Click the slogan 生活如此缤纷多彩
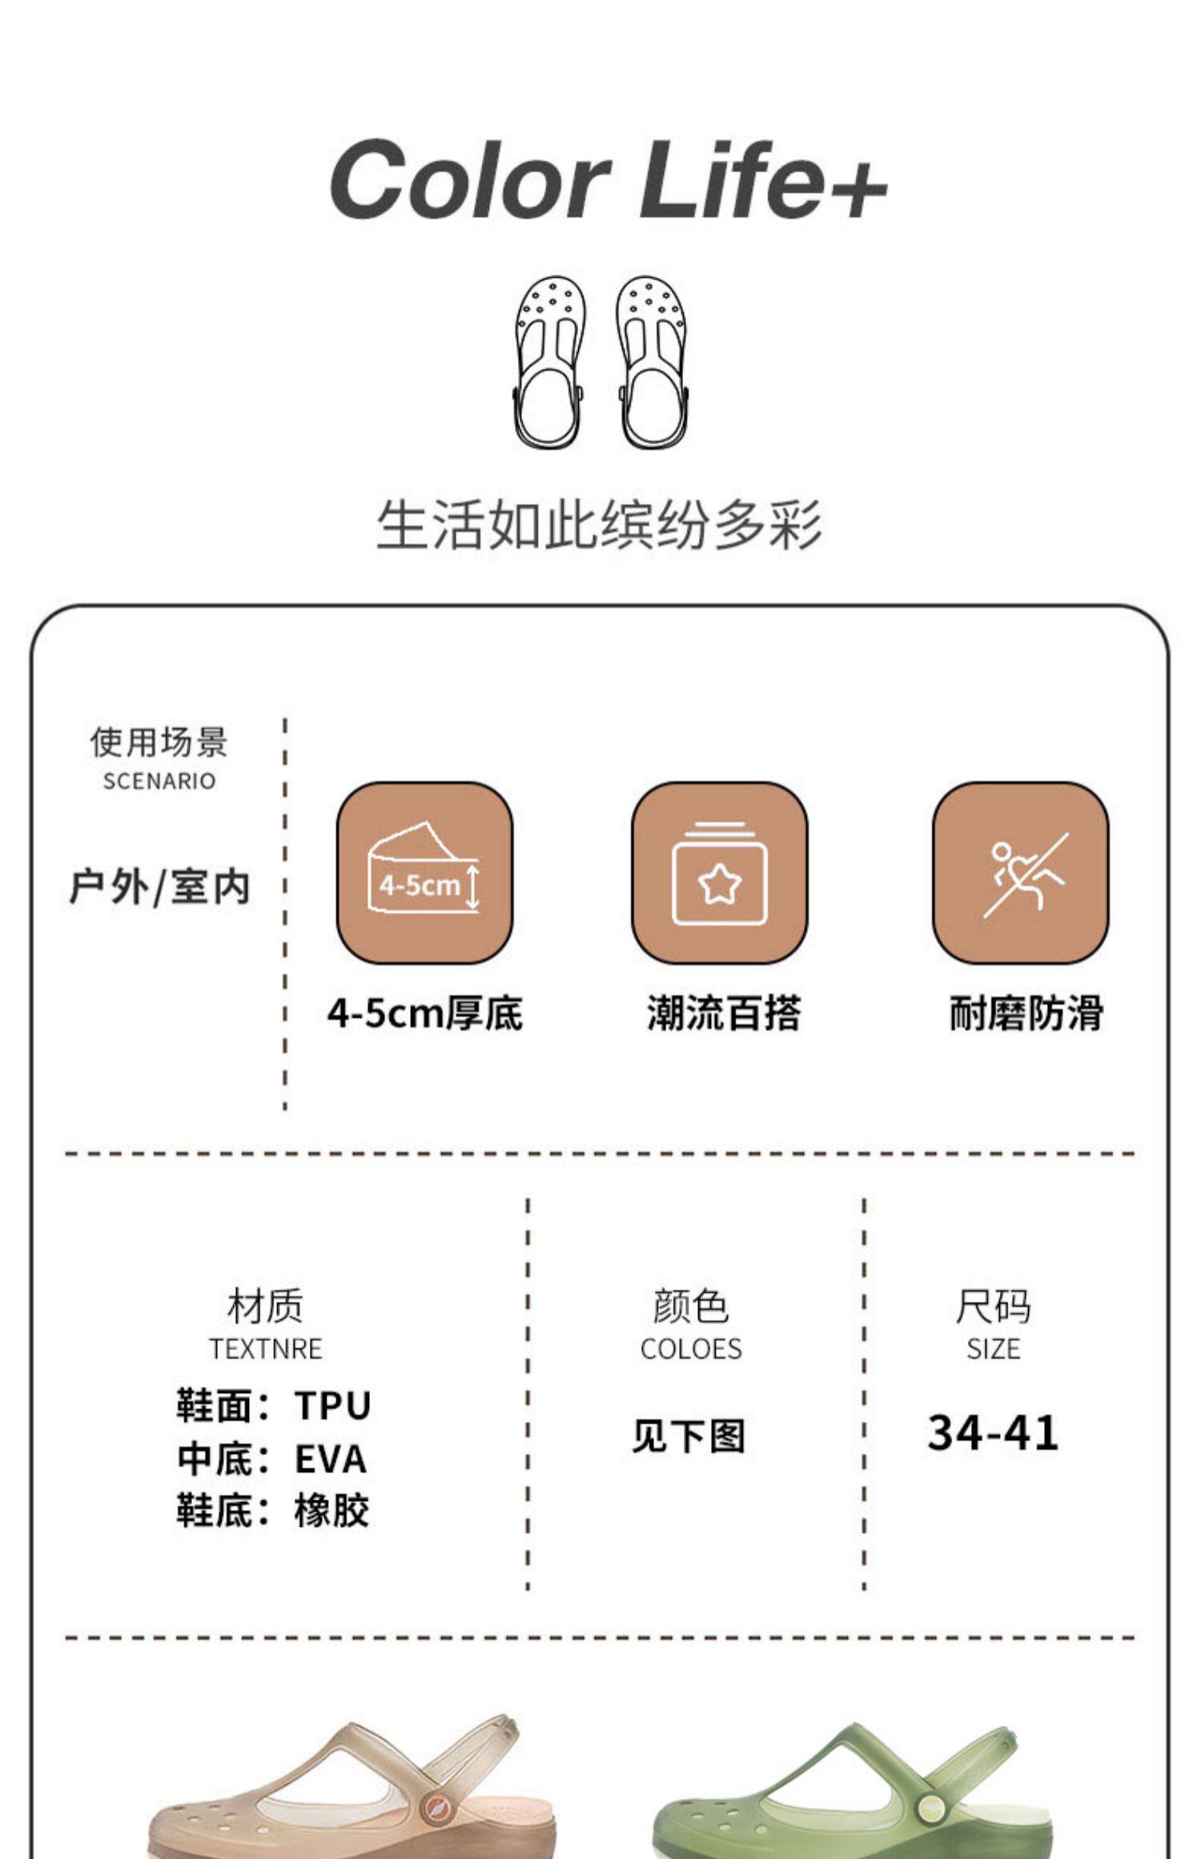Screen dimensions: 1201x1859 pos(600,526)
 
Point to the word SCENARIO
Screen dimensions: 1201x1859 pos(159,781)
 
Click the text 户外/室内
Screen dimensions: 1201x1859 pos(159,887)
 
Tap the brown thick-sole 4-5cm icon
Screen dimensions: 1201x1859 pos(424,872)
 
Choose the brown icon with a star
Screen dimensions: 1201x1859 pos(719,872)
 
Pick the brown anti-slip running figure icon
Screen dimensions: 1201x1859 pos(1020,872)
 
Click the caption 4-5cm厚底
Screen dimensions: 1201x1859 pos(424,1014)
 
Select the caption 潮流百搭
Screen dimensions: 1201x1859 pos(724,1014)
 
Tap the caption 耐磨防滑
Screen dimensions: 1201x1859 pos(1026,1014)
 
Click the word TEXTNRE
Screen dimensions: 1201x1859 pos(266,1349)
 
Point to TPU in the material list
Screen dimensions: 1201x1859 pos(332,1406)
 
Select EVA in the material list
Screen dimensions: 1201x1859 pos(331,1459)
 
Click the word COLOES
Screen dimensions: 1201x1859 pos(691,1349)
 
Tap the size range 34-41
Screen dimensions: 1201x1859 pos(993,1433)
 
